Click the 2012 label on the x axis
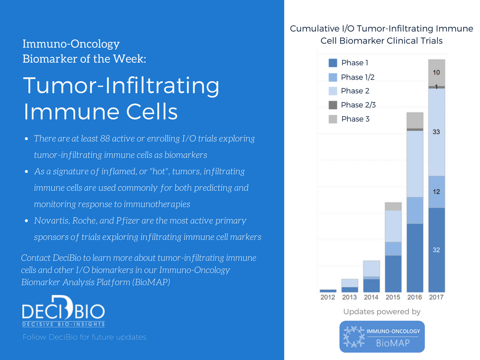[x=328, y=297]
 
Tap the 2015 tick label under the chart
[x=393, y=297]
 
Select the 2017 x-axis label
[x=436, y=297]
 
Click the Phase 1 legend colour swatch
[x=333, y=63]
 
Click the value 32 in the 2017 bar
[x=436, y=250]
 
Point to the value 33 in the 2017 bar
[x=436, y=132]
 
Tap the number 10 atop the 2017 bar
[x=436, y=73]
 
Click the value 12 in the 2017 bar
[x=436, y=192]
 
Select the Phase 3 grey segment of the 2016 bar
[x=415, y=120]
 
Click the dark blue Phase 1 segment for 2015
[x=393, y=273]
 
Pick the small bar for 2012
[x=328, y=291]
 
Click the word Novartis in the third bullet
[x=50, y=221]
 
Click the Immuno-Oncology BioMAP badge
[x=382, y=337]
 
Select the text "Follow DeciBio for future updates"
[x=84, y=337]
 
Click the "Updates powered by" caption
[x=382, y=312]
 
